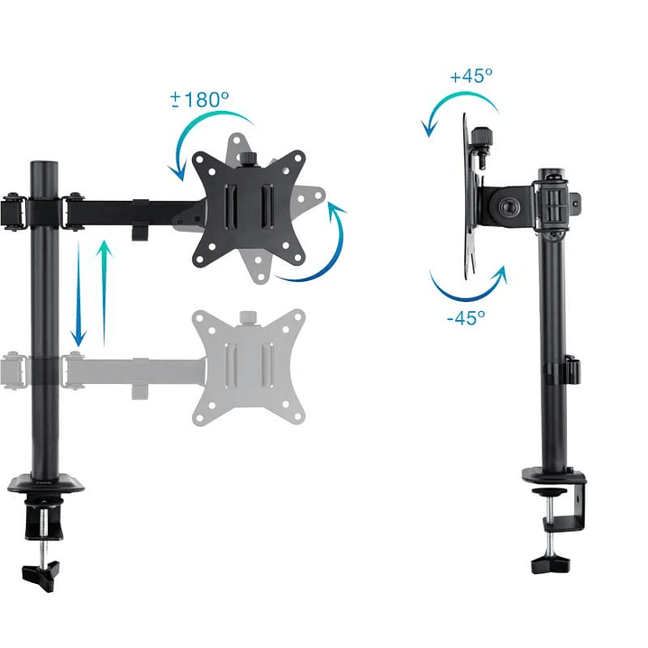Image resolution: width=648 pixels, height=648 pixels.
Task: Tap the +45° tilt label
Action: pyautogui.click(x=470, y=76)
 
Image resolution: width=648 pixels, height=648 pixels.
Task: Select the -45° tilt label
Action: pyautogui.click(x=466, y=316)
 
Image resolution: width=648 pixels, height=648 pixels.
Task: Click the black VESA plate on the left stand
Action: pyautogui.click(x=246, y=207)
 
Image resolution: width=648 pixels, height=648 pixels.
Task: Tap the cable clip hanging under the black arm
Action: pyautogui.click(x=140, y=231)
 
